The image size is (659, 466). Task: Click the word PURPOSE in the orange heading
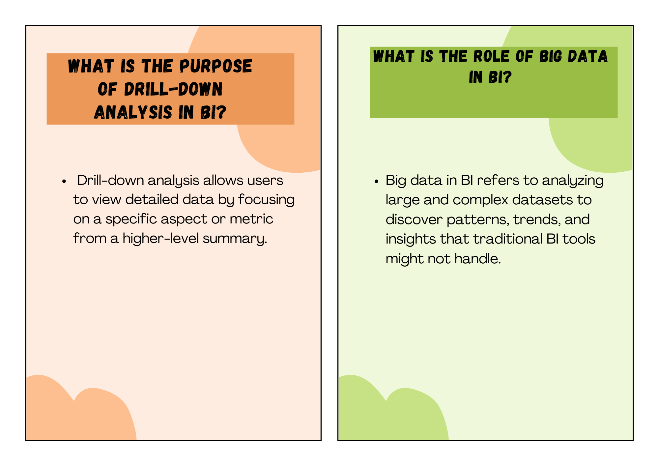pos(216,66)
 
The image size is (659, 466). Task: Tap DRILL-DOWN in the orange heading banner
pos(173,89)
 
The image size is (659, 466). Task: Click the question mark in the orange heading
pos(221,112)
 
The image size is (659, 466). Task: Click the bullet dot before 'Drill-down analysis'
pos(64,181)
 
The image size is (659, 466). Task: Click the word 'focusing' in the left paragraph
pos(266,200)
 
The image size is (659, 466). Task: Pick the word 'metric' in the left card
pos(251,219)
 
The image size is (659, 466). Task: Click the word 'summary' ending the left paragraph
pos(235,239)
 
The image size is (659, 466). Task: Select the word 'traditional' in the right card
pos(508,239)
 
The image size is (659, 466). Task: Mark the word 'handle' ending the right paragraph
pos(477,258)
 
